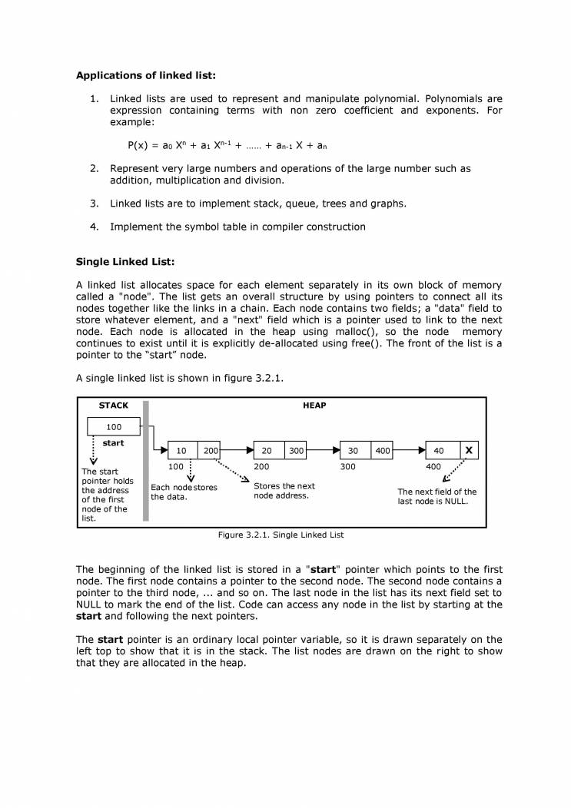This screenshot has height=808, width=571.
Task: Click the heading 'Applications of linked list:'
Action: point(146,75)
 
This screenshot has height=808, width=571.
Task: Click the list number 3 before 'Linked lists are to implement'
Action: point(94,204)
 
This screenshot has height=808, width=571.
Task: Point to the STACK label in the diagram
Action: point(114,406)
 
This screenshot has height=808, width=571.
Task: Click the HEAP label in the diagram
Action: point(314,406)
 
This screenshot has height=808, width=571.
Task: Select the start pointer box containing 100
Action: point(114,426)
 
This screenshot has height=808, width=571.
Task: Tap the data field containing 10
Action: point(183,450)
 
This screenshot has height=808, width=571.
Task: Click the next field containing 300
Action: point(296,450)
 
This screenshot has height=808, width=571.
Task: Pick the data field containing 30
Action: point(354,450)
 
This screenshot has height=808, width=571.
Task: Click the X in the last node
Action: point(469,450)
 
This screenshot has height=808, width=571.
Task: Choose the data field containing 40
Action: point(439,450)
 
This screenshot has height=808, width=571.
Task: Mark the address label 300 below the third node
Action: point(348,466)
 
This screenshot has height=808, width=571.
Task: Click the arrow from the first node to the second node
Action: point(237,450)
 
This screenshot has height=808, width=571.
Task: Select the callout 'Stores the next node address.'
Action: point(284,491)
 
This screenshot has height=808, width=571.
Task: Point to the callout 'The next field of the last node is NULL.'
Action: point(437,496)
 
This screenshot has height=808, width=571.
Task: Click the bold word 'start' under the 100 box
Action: point(113,443)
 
